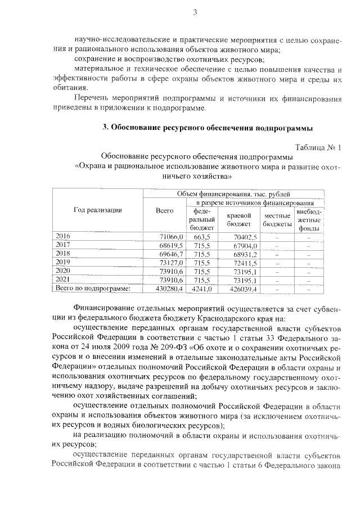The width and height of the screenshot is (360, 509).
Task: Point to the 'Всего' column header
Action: point(164,210)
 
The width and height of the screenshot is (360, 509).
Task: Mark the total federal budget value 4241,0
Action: point(201,289)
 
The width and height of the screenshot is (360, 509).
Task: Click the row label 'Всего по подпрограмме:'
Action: point(92,289)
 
